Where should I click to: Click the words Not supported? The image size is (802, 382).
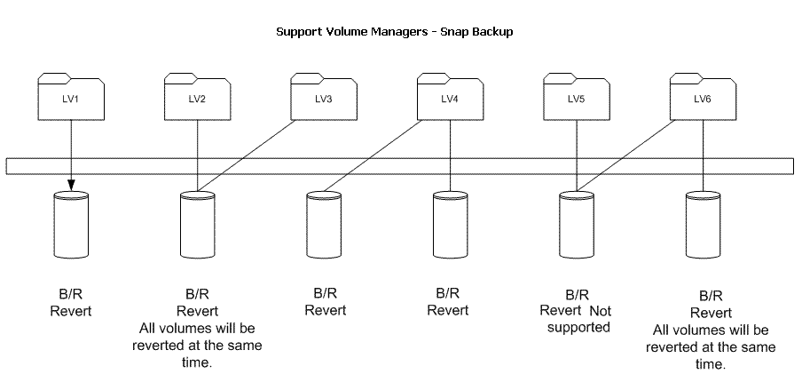pyautogui.click(x=586, y=319)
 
